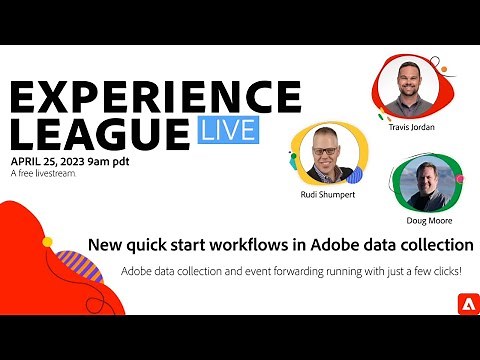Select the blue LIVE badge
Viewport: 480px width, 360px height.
[225, 131]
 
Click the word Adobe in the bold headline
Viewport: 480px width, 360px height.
[320, 244]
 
